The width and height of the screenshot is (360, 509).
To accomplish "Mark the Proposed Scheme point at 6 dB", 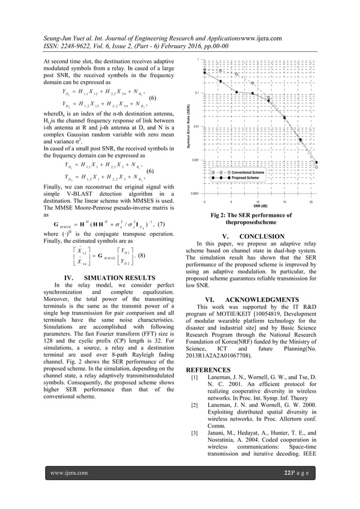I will [236, 91].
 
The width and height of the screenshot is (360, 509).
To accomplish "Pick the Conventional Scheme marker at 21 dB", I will [317, 167].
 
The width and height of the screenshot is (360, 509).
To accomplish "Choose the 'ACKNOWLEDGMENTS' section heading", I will [267, 299].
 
